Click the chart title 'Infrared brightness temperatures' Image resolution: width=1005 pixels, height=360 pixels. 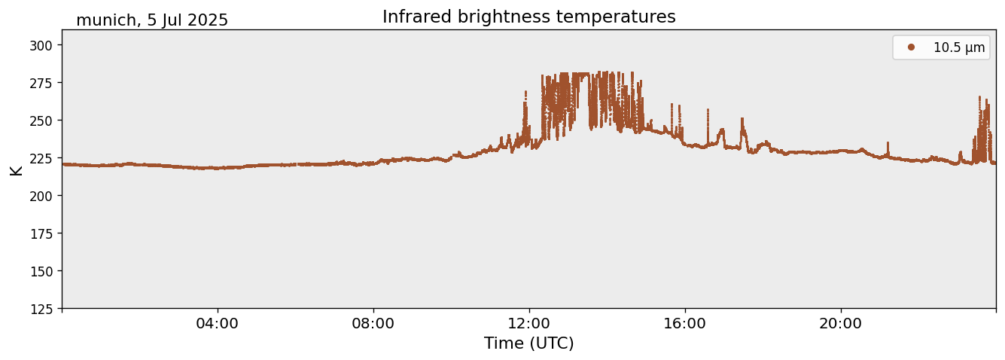528,17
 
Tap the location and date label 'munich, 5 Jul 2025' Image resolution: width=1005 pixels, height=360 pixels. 152,20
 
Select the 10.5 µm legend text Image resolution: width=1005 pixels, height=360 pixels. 958,47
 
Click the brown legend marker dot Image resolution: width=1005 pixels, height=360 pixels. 911,47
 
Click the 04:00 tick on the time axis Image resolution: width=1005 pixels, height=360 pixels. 218,324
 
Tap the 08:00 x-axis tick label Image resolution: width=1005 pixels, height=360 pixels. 373,324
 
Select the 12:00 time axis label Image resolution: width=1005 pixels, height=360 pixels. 529,324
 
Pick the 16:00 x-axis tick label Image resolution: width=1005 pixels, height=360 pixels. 685,324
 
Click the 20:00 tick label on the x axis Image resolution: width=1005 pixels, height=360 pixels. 841,324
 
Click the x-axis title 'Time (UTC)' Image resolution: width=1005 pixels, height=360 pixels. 528,343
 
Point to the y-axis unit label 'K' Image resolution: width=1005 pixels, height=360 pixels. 16,169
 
